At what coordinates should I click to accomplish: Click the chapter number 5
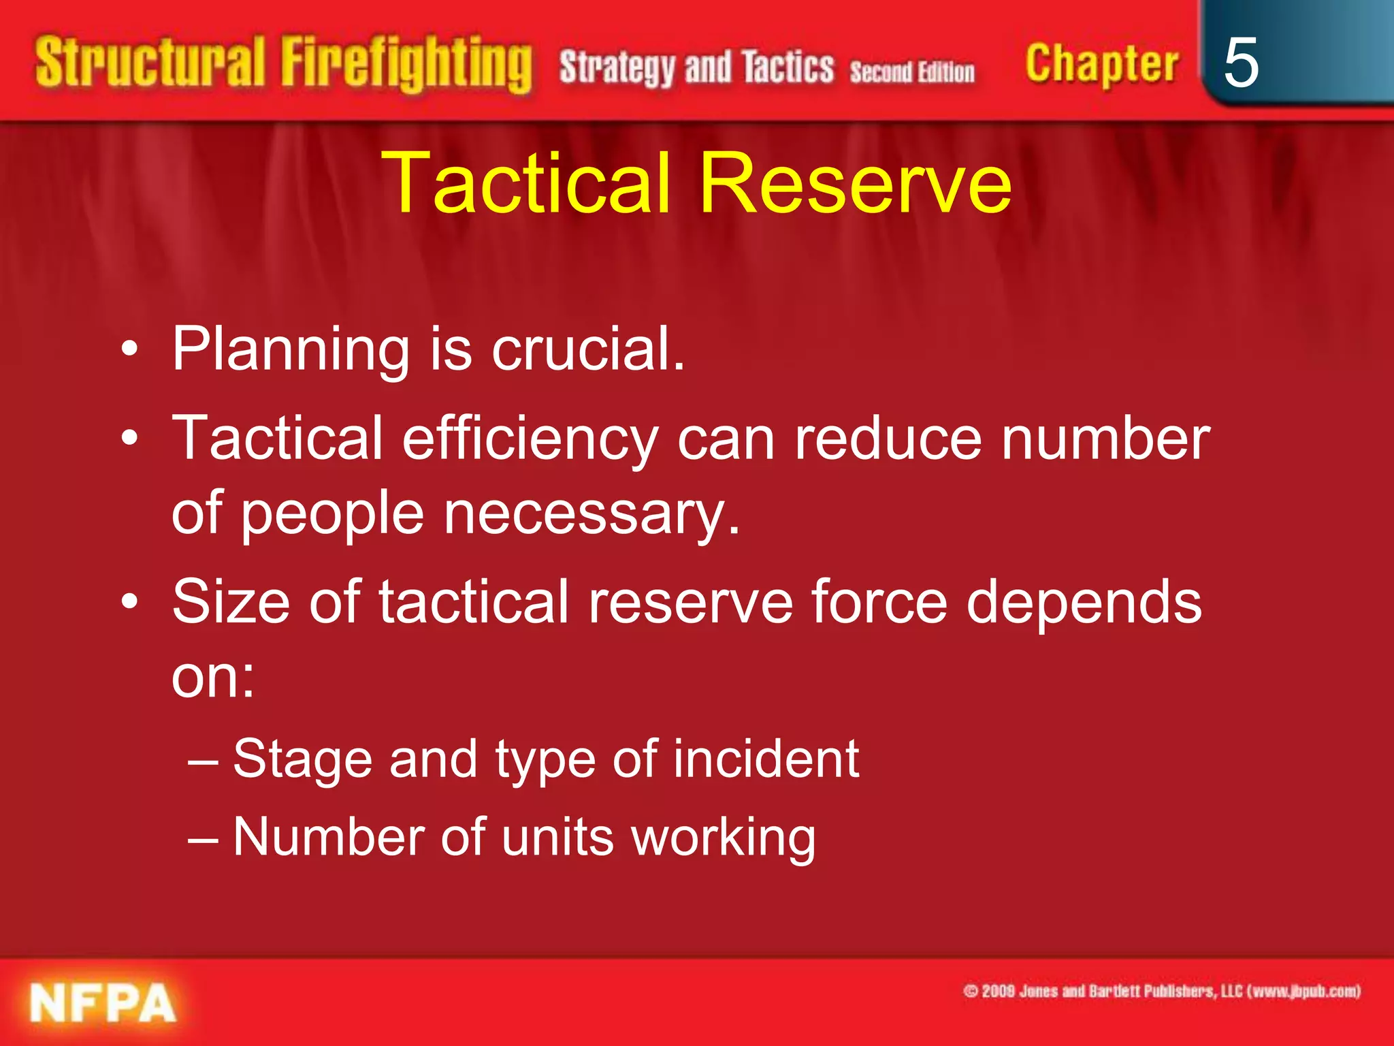[x=1240, y=63]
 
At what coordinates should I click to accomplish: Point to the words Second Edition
[x=912, y=72]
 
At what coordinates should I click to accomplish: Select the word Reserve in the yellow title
[x=856, y=183]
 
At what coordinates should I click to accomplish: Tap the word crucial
[x=588, y=349]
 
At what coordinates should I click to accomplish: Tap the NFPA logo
[x=102, y=1003]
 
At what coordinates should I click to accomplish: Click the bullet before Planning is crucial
[x=129, y=350]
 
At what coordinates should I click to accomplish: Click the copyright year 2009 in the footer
[x=998, y=992]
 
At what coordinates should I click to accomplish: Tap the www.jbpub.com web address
[x=1304, y=992]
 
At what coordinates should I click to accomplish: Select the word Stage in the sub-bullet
[x=302, y=760]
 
